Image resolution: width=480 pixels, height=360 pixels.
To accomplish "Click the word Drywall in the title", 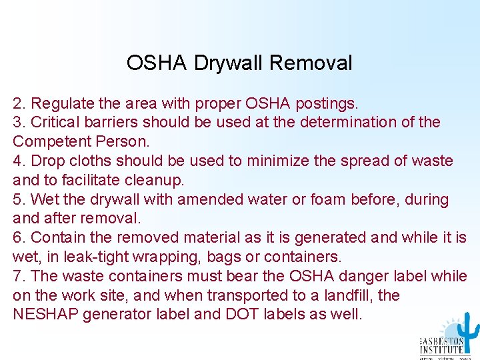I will (x=229, y=63).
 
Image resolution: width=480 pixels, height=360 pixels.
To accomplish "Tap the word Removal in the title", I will (x=311, y=63).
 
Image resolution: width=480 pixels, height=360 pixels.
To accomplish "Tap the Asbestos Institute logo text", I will (x=442, y=346).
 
